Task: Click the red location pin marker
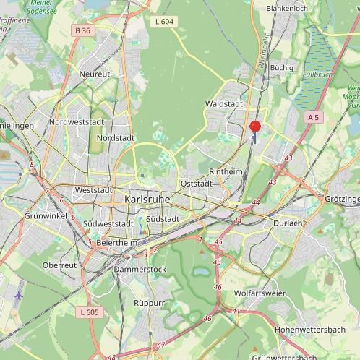(x=254, y=127)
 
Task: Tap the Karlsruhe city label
(x=147, y=199)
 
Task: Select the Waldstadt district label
(x=223, y=103)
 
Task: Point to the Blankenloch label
(x=287, y=9)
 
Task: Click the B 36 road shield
(x=82, y=30)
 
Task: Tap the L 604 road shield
(x=164, y=22)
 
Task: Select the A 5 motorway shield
(x=312, y=116)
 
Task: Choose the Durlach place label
(x=288, y=223)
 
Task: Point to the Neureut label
(x=95, y=74)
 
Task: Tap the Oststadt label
(x=197, y=184)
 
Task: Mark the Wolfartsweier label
(x=260, y=293)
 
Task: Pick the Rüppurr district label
(x=150, y=303)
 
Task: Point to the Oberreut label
(x=59, y=265)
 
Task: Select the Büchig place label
(x=281, y=67)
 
